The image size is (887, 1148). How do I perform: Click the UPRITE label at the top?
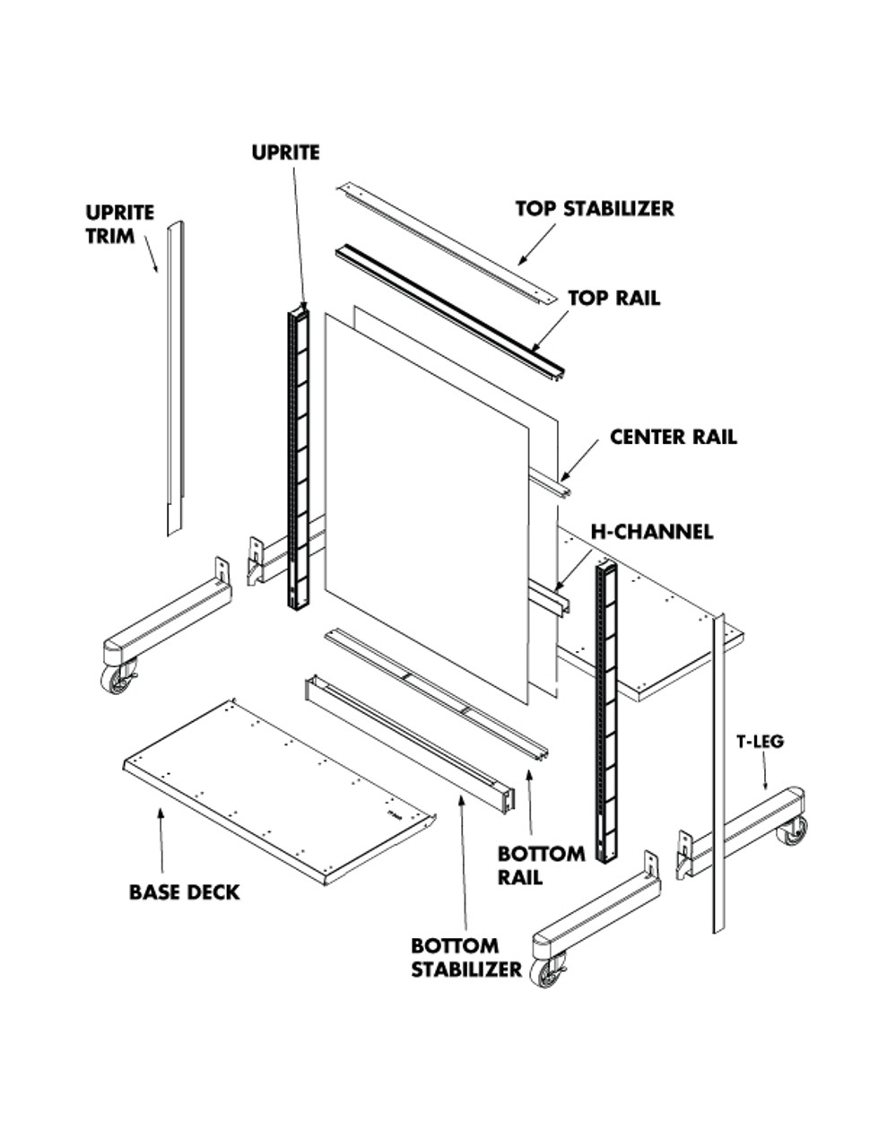(285, 152)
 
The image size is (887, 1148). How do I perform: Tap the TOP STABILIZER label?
(594, 208)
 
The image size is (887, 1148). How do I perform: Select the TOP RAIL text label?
(613, 298)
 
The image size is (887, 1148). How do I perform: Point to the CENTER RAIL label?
(673, 437)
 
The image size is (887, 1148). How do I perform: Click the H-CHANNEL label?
(651, 531)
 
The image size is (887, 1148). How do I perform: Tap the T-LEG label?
(761, 741)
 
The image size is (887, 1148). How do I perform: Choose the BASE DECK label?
(184, 891)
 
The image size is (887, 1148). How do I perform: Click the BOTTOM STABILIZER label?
(465, 957)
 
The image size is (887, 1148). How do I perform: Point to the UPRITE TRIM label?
(120, 224)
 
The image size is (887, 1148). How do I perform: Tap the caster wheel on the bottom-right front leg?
(546, 970)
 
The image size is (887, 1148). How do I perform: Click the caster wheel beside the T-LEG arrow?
(791, 831)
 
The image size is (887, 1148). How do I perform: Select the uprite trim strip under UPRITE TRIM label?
(175, 377)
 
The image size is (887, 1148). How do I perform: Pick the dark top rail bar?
(448, 309)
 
